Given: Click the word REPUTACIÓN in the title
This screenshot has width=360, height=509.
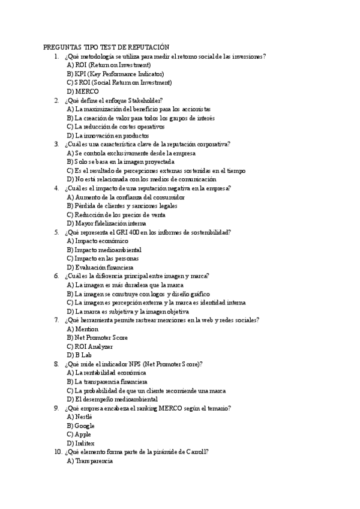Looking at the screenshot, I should click(148, 47).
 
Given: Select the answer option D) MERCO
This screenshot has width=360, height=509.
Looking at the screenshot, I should click(83, 91).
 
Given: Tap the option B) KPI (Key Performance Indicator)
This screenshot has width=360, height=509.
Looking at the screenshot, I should click(107, 74).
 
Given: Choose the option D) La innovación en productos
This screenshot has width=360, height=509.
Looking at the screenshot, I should click(108, 136).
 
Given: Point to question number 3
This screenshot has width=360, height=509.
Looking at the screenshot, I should click(56, 144).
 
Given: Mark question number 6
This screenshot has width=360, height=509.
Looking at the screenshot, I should click(56, 276).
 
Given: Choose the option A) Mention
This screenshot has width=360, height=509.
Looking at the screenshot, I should click(83, 329).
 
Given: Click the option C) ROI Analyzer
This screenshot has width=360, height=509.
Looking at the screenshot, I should click(90, 346).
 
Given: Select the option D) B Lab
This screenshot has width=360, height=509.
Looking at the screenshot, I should click(80, 355).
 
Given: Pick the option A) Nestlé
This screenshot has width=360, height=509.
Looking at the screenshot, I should click(80, 417).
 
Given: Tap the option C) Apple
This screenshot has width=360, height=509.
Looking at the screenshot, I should click(79, 434).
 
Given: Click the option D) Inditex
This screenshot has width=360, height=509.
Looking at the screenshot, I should click(80, 443).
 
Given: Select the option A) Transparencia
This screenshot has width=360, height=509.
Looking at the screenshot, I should click(90, 461).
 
